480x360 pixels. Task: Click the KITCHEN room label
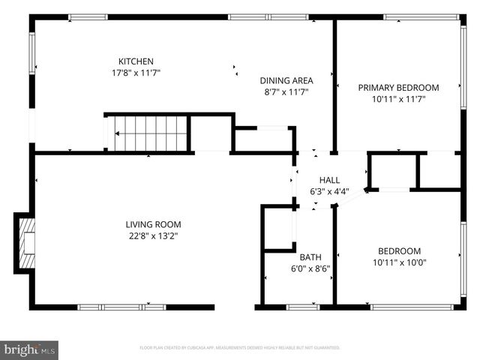point(136,61)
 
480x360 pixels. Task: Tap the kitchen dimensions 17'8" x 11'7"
point(136,73)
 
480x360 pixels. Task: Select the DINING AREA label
point(286,80)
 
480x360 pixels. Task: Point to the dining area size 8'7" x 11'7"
point(286,92)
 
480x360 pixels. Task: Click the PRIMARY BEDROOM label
point(398,87)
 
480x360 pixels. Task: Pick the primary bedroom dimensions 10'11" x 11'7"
point(398,99)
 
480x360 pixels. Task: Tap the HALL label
point(329,180)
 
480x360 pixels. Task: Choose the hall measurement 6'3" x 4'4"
point(329,192)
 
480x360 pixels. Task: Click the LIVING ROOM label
point(153,224)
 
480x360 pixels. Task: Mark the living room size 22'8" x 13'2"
point(153,236)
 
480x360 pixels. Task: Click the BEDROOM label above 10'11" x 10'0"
point(398,250)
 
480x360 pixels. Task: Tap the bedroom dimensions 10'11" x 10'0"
point(398,262)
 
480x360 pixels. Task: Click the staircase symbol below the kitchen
point(148,133)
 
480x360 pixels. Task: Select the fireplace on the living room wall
point(25,241)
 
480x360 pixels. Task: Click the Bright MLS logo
point(30,349)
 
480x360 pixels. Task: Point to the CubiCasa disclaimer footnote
point(240,348)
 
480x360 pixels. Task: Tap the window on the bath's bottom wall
point(303,306)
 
